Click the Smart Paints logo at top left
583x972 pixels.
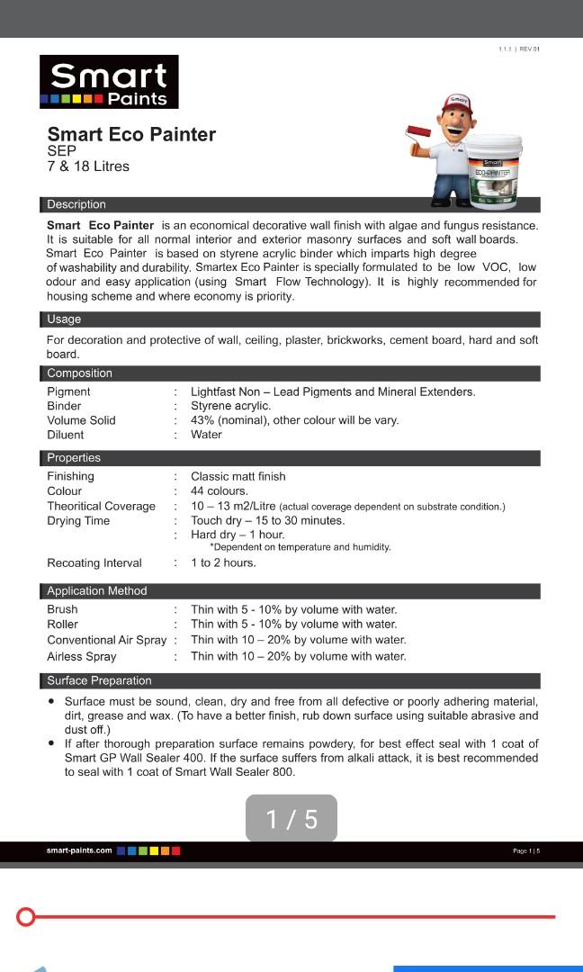pos(109,82)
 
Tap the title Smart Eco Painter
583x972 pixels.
pos(131,135)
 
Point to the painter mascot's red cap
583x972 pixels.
pos(459,101)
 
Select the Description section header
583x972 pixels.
pos(76,204)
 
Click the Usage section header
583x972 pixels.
pos(64,319)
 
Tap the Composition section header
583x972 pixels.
pos(80,373)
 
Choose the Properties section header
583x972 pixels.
pos(74,458)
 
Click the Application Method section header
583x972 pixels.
pos(97,591)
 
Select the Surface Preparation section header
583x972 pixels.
pos(99,681)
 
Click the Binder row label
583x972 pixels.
pos(64,406)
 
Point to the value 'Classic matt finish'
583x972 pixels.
pos(238,476)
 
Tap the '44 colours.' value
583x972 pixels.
pos(220,491)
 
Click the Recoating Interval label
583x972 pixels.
pos(94,563)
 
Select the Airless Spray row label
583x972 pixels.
pos(82,657)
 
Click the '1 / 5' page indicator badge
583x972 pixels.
pos(291,819)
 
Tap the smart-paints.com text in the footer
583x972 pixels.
pos(79,850)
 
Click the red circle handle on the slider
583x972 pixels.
pos(26,917)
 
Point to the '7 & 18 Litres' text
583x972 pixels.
pos(88,166)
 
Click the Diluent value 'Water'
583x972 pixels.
pos(206,435)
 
